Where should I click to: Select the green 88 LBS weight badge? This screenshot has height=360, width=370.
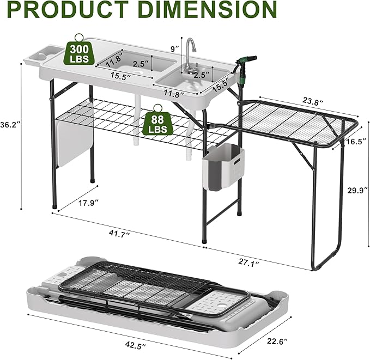coord(157,123)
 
